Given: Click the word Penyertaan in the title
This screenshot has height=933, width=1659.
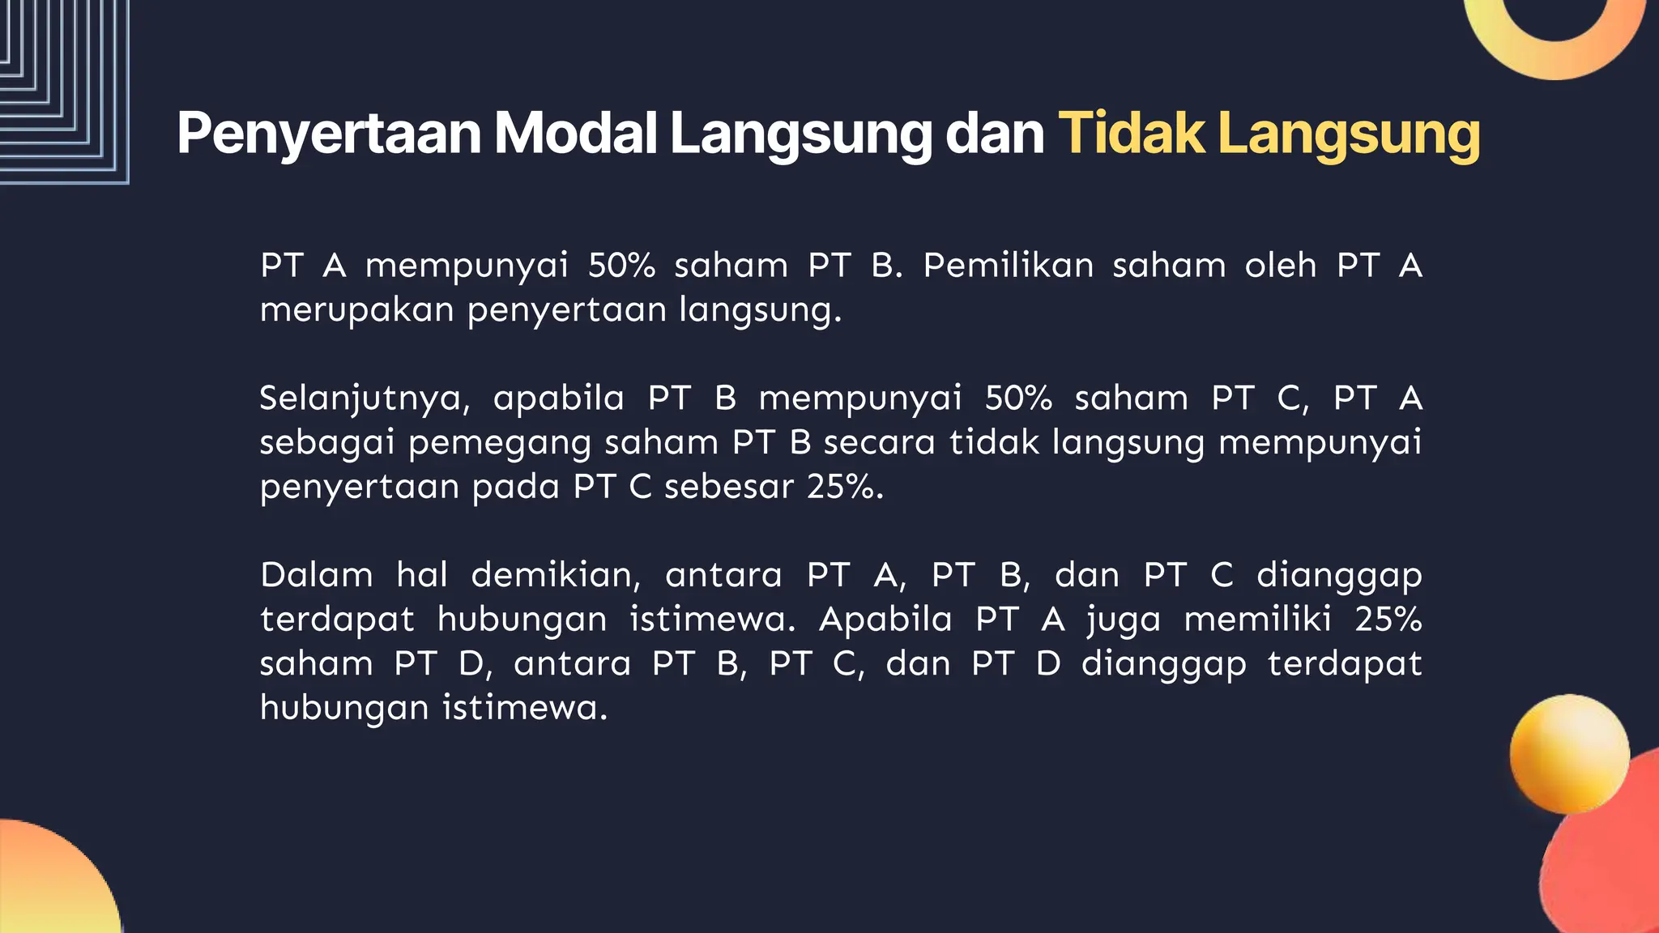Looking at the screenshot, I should (329, 134).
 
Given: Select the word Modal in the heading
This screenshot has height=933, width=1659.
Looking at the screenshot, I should (575, 134).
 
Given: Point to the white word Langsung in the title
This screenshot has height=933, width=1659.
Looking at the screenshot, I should (800, 134).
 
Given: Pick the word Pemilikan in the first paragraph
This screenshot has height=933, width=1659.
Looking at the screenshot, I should (1008, 266).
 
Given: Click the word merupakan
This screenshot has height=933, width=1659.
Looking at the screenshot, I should (356, 310).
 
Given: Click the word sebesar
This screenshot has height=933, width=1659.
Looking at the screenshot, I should (728, 487).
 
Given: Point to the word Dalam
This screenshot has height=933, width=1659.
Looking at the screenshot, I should (317, 575).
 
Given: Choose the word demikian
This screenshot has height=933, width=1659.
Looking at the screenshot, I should (556, 575).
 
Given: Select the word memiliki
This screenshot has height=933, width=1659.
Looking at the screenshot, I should (1257, 620).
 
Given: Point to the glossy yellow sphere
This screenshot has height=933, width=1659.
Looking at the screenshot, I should (1569, 753).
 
